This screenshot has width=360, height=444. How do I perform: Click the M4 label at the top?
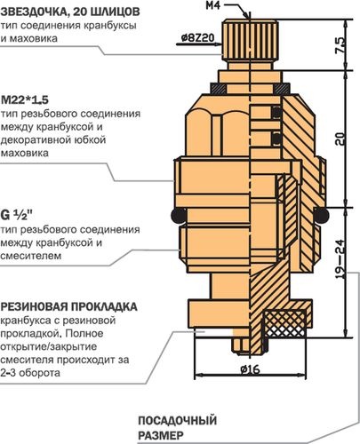(x=213, y=5)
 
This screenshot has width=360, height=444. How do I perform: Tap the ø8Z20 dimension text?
(x=197, y=38)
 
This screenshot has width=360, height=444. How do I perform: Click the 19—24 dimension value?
(x=340, y=258)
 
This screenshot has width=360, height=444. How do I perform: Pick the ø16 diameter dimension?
(x=250, y=369)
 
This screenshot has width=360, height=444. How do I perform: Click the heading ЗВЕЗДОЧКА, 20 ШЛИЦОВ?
(x=70, y=12)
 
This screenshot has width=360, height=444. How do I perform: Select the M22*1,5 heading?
(x=25, y=99)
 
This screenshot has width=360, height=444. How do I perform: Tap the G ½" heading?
(x=16, y=215)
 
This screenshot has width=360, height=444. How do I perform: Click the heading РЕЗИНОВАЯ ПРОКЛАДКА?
(x=69, y=306)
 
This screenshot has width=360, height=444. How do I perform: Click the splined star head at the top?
(x=251, y=39)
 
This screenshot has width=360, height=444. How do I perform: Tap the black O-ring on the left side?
(x=179, y=216)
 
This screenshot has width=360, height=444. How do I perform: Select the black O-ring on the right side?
(x=321, y=215)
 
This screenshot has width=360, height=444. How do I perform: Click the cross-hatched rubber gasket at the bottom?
(x=285, y=324)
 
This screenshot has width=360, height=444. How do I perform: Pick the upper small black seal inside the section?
(x=276, y=113)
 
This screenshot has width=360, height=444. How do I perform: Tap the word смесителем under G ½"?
(x=31, y=256)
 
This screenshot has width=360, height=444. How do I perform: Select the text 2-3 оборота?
(x=30, y=373)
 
